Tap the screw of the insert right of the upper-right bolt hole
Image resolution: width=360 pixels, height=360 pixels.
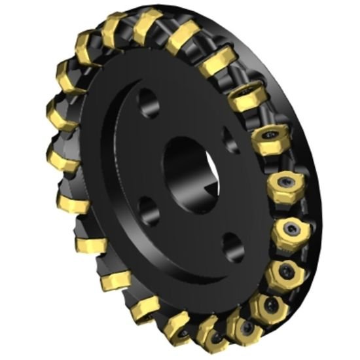click(270, 136)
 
